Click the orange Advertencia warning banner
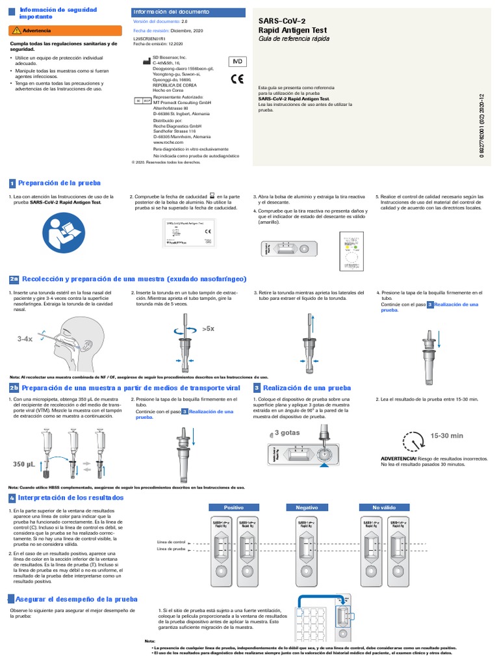pyautogui.click(x=65, y=30)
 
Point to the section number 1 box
pyautogui.click(x=12, y=184)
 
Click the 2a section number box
pyautogui.click(x=14, y=279)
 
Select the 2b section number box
pyautogui.click(x=14, y=388)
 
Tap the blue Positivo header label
pyautogui.click(x=232, y=507)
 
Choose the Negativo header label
pyautogui.click(x=307, y=507)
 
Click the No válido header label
pyautogui.click(x=383, y=507)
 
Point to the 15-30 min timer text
pyautogui.click(x=446, y=435)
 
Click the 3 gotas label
pyautogui.click(x=286, y=433)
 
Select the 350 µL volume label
pyautogui.click(x=23, y=464)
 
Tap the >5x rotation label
pyautogui.click(x=208, y=329)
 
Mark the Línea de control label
pyautogui.click(x=172, y=541)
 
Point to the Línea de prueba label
pyautogui.click(x=172, y=549)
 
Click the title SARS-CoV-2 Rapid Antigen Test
pyautogui.click(x=292, y=26)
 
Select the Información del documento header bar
pyautogui.click(x=188, y=12)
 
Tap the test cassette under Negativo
pyautogui.click(x=307, y=550)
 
